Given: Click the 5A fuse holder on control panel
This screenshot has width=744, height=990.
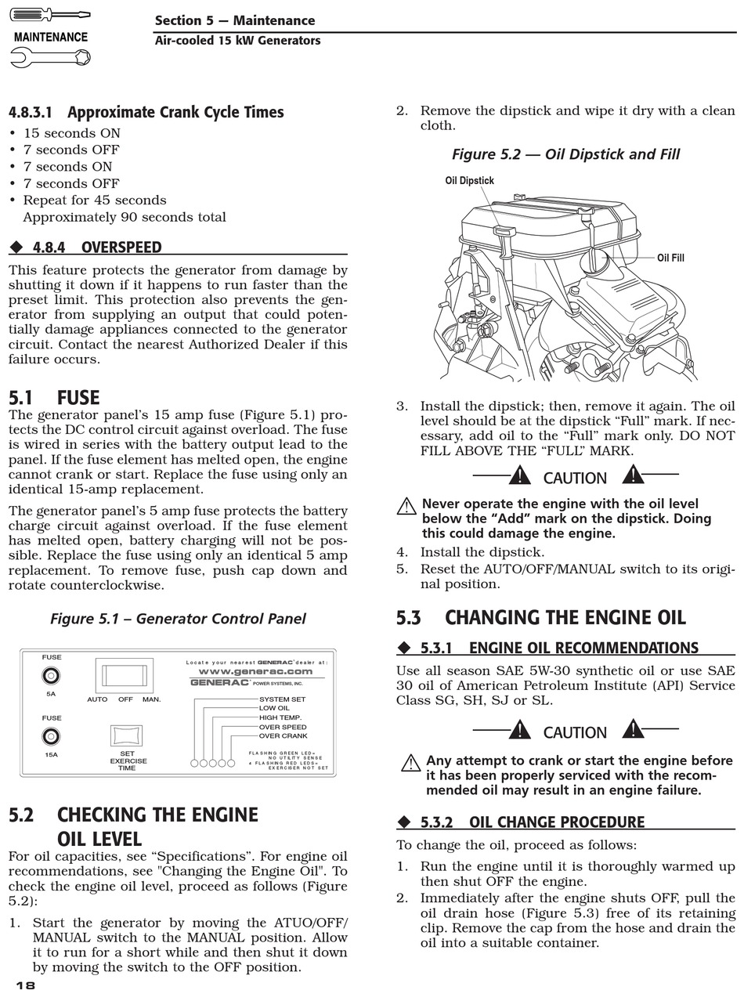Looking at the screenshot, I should tap(52, 675).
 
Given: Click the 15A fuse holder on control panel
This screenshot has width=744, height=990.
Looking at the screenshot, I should tap(52, 736).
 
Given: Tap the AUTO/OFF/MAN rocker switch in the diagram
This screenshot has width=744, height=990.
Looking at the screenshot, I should tap(125, 675).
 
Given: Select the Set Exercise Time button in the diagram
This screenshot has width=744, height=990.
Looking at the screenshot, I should tap(127, 736).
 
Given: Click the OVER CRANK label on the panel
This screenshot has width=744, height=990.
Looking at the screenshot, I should tap(283, 736).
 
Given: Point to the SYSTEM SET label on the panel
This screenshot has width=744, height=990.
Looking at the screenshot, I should tap(282, 699).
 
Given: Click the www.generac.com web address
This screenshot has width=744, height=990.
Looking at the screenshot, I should tap(255, 671).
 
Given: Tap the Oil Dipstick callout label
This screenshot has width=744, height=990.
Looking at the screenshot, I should tap(469, 181).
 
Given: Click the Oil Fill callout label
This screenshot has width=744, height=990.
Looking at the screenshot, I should tap(670, 258).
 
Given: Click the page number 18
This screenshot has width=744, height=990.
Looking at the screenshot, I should tap(25, 985).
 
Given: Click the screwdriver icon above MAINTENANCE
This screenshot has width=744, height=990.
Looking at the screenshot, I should tap(50, 15).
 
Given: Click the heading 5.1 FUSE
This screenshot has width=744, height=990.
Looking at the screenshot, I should tap(54, 398).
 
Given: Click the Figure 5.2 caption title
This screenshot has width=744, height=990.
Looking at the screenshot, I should tap(565, 154).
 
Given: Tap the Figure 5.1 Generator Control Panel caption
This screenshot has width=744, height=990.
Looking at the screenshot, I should tap(178, 619).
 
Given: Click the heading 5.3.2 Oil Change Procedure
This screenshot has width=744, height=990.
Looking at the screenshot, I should tap(556, 822).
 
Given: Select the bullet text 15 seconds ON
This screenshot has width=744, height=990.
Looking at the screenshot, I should tap(71, 133).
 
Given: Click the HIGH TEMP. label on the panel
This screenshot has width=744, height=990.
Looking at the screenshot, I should tap(280, 717).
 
